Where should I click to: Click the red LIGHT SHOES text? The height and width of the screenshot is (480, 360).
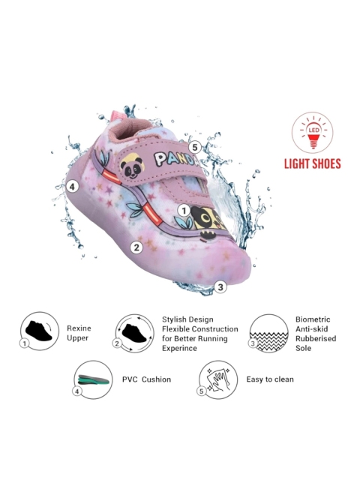[x=313, y=163]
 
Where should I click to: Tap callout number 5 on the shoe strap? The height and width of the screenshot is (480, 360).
[x=195, y=148]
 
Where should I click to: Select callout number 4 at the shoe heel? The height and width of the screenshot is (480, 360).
[x=72, y=186]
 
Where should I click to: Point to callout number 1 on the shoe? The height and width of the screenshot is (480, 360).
[x=184, y=211]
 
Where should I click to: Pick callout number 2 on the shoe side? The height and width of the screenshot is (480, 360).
[x=136, y=247]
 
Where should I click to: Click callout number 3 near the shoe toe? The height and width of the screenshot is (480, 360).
[x=220, y=286]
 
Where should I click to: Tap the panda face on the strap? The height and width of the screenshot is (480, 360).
[x=132, y=166]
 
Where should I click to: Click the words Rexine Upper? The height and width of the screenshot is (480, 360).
[x=79, y=333]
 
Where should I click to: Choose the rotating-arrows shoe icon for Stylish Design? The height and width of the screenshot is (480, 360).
[x=135, y=333]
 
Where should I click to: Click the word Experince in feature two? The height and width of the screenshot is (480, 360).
[x=179, y=348]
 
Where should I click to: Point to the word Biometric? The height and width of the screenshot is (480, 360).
[x=313, y=319]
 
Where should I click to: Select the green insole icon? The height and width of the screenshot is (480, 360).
[x=94, y=379]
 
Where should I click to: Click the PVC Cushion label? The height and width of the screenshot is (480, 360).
[x=147, y=379]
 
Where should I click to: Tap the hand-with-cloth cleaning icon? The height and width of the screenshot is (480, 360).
[x=218, y=379]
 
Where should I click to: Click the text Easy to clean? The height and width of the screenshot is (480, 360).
[x=270, y=379]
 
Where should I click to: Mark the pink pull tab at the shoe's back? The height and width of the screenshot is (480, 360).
[x=118, y=116]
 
